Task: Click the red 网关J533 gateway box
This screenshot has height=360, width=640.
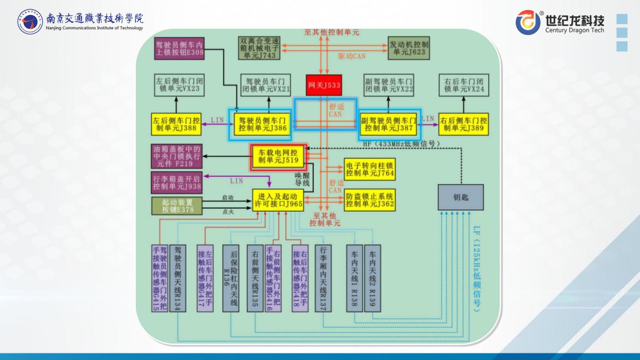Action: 324,85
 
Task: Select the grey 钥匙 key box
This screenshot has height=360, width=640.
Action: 460,197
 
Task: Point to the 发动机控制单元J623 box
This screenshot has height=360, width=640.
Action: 408,48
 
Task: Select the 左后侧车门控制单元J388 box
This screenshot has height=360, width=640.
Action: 176,124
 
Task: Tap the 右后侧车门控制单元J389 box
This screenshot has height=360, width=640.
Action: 463,124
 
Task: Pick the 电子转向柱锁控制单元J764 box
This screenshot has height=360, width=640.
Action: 370,169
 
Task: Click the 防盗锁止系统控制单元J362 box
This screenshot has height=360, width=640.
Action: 370,200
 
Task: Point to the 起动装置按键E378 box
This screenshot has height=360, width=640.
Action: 176,205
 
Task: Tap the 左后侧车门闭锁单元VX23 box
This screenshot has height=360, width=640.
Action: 176,85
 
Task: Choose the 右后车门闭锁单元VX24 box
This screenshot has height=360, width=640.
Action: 463,85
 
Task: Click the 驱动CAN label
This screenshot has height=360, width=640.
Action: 351,56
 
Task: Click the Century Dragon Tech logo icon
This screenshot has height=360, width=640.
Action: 528,22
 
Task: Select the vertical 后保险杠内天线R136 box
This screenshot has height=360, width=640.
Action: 230,278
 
